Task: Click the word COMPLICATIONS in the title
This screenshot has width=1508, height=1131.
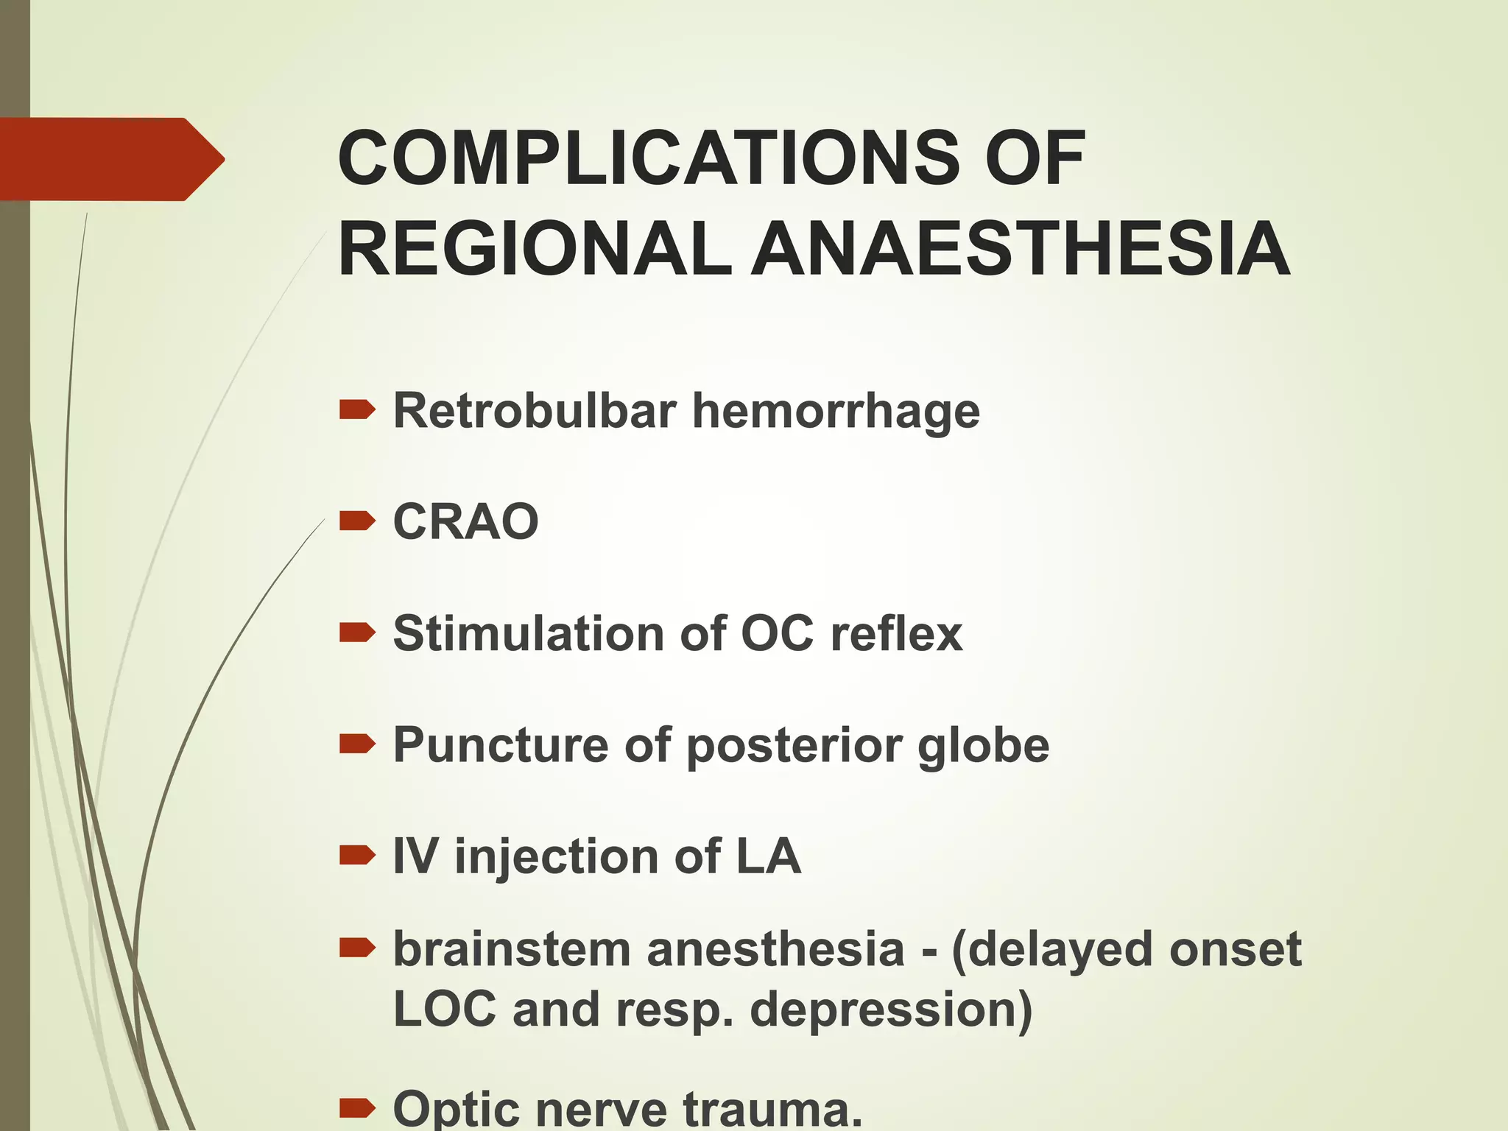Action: pyautogui.click(x=649, y=158)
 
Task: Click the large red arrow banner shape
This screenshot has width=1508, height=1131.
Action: pyautogui.click(x=110, y=159)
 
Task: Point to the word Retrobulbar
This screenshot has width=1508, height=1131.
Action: pyautogui.click(x=535, y=410)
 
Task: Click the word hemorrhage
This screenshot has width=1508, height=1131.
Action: pyautogui.click(x=836, y=412)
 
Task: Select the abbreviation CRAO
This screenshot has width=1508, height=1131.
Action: pyautogui.click(x=466, y=521)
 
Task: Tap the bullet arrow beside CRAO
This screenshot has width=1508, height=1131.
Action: pyautogui.click(x=357, y=521)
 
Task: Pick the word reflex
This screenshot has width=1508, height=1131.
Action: pyautogui.click(x=896, y=633)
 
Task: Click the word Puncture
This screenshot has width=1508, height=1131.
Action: pyautogui.click(x=501, y=745)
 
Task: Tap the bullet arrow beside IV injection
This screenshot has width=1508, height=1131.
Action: pyautogui.click(x=357, y=855)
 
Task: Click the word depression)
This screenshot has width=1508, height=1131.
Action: pyautogui.click(x=891, y=1010)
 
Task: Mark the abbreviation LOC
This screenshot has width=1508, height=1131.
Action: pyautogui.click(x=445, y=1008)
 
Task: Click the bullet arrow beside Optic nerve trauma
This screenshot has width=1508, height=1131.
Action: pyautogui.click(x=357, y=1106)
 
